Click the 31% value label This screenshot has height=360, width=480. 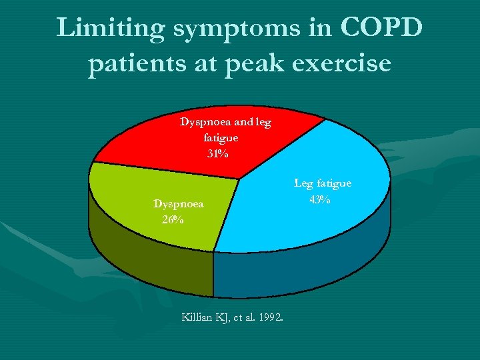point(218,154)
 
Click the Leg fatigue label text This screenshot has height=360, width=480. point(323,183)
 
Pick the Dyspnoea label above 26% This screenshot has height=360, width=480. point(178,203)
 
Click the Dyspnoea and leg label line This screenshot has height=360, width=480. point(225,123)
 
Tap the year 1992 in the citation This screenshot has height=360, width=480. point(270,317)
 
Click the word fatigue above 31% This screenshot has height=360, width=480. point(221,138)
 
